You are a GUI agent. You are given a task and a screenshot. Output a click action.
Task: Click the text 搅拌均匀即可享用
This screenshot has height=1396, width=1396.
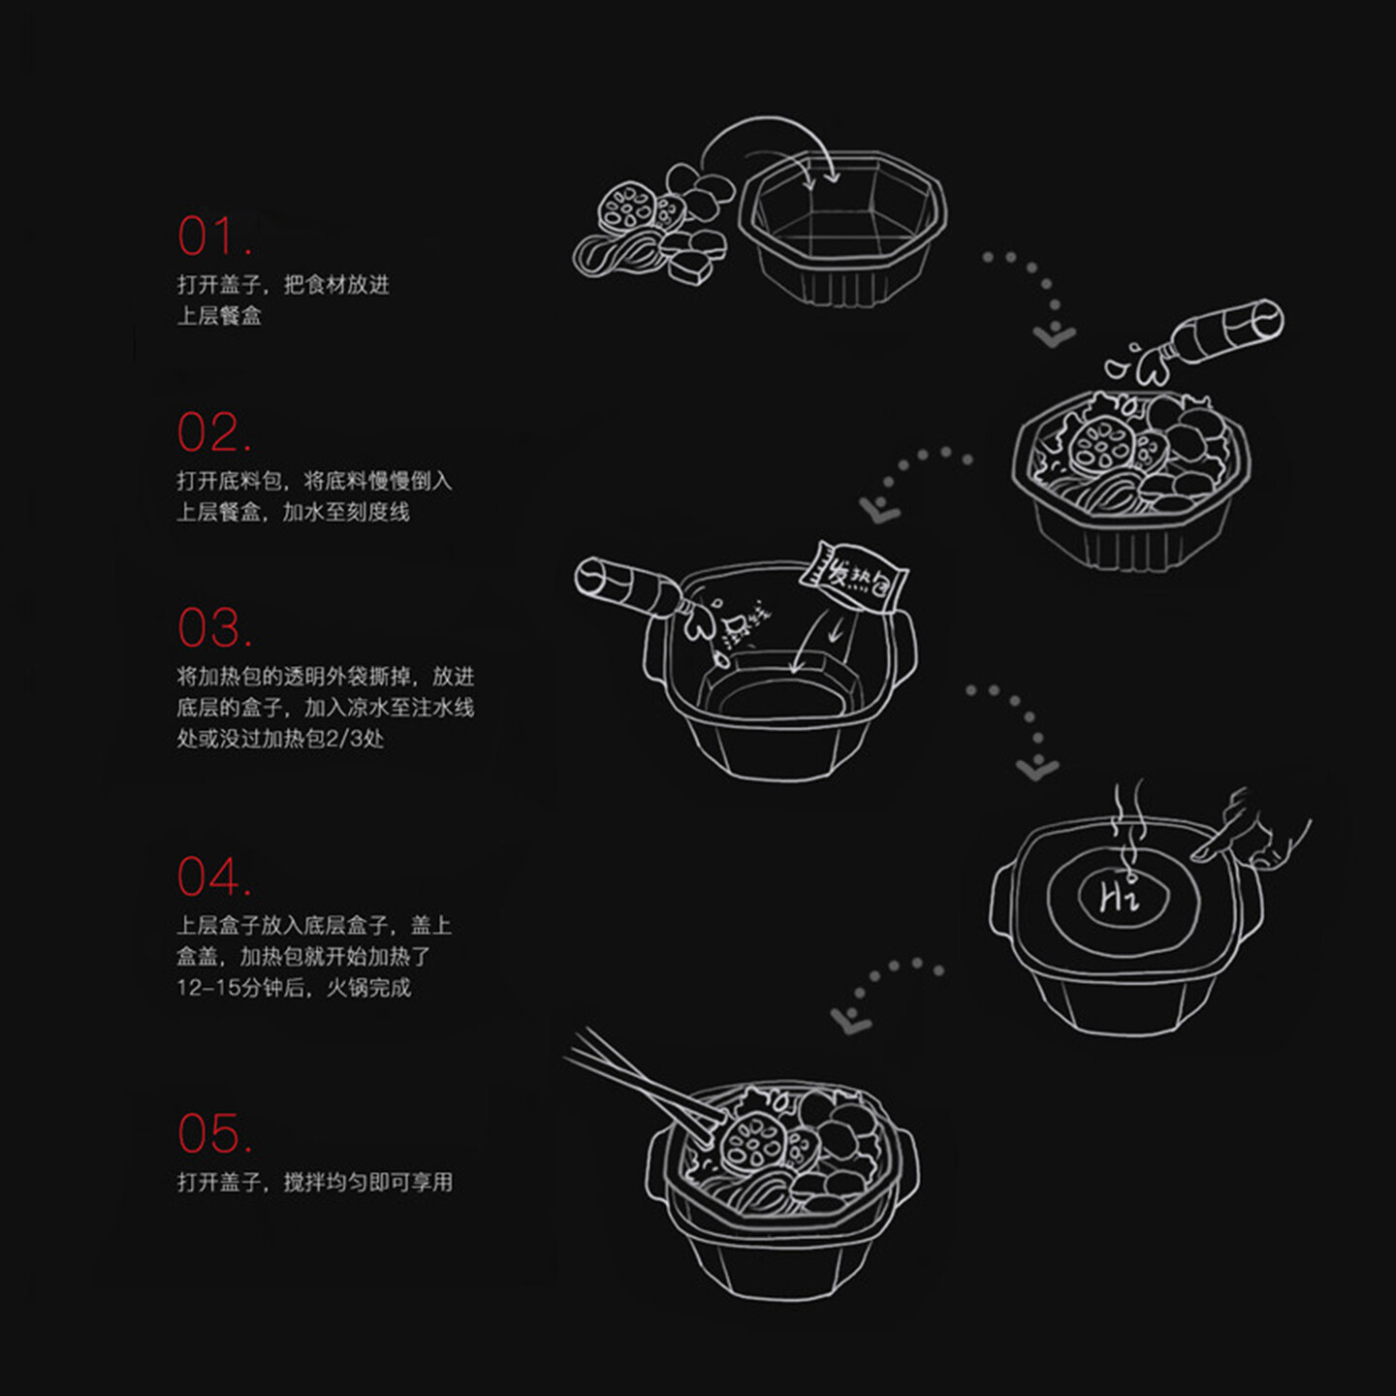(x=367, y=1182)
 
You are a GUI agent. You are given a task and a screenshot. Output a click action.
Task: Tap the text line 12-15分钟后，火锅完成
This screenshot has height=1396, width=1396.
(x=294, y=988)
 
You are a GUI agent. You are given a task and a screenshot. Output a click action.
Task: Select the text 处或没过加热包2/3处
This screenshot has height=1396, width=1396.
(x=280, y=739)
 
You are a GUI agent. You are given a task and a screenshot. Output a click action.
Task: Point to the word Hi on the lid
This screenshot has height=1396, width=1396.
(x=1119, y=897)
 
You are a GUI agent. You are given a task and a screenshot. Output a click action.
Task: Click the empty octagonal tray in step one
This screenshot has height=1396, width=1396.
(x=841, y=228)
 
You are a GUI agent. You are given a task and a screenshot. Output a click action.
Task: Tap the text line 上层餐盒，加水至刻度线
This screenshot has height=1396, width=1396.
(x=293, y=512)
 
